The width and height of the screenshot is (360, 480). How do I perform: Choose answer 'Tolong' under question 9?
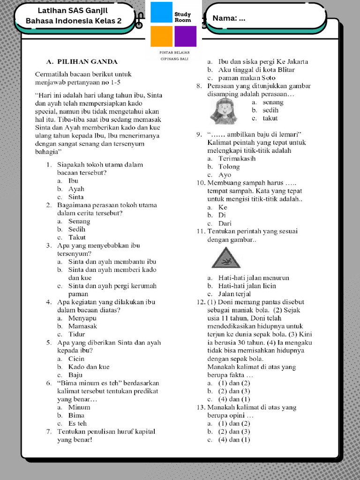tap(229, 167)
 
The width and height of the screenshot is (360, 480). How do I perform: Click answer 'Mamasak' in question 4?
tap(82, 326)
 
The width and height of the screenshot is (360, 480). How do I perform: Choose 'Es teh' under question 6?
tap(77, 424)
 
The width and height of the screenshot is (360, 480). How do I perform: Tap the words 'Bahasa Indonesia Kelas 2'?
tap(73, 21)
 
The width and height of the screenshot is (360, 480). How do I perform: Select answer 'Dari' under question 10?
tap(225, 224)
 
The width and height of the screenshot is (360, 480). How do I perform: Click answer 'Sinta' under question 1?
tap(76, 197)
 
